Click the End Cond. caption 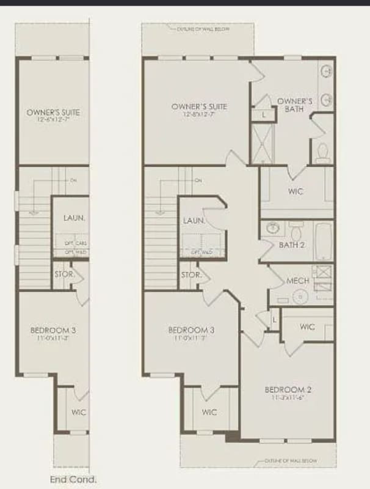pos(73,480)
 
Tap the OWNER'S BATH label pos(295,105)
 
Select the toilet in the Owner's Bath pos(322,150)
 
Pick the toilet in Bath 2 pos(297,230)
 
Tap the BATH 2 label pos(291,245)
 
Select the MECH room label pos(297,281)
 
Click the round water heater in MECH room pos(300,297)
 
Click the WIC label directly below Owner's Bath pos(296,191)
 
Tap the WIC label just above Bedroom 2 pos(308,327)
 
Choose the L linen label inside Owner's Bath pos(264,115)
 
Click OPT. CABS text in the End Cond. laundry pos(75,243)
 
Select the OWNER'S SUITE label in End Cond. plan pos(53,112)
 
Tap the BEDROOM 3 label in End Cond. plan pos(53,331)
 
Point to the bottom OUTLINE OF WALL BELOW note pos(291,461)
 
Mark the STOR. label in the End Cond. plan pos(64,274)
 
